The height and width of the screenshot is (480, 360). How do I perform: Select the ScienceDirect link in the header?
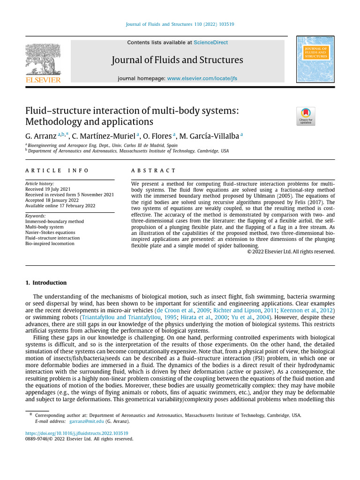tap(210, 43)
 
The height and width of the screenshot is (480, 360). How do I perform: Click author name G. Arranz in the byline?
tap(41, 136)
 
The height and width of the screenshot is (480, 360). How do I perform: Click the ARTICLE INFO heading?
tap(57, 171)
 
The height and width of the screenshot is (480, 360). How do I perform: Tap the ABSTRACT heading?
tap(153, 171)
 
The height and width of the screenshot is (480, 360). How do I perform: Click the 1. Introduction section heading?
tap(46, 283)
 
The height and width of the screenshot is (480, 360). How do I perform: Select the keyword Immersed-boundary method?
tap(54, 221)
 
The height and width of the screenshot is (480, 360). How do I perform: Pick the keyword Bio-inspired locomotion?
tap(50, 244)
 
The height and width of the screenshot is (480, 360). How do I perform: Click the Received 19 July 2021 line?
tap(48, 189)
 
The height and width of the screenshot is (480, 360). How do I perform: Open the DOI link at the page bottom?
tap(76, 434)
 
